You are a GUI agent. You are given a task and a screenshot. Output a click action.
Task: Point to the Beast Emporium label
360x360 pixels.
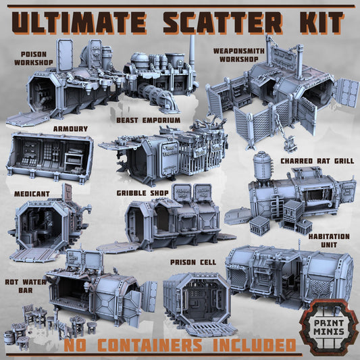148,120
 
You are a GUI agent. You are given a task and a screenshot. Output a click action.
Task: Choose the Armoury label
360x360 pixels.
70,128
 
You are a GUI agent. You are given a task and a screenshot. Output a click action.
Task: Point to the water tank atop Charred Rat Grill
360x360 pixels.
261,166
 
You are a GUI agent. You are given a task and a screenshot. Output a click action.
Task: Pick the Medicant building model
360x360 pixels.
46,223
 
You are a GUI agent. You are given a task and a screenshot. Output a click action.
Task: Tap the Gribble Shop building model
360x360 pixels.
169,220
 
